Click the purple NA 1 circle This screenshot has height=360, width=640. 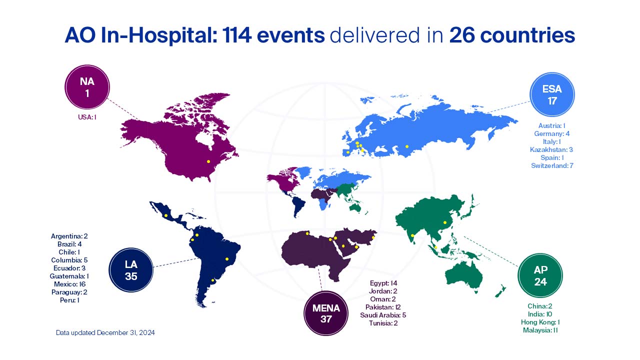coord(87,86)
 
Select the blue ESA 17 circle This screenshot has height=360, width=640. coord(552,95)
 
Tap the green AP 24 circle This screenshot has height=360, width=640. coord(540,275)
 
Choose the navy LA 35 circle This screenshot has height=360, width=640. coord(131,270)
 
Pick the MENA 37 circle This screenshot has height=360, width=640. coord(326,313)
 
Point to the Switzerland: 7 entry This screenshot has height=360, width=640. coord(552,165)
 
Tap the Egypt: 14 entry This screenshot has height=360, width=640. coord(383,283)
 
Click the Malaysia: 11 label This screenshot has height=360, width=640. coord(540,330)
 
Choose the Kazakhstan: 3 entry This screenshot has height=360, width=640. coord(551,149)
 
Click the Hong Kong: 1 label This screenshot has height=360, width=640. coord(540,322)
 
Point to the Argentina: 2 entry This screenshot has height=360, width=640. coord(69,235)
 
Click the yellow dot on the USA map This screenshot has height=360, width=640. coord(208,161)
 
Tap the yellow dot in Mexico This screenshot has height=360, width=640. coord(165,215)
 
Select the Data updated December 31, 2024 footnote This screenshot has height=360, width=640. coord(105,332)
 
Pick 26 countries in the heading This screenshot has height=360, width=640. coord(512,35)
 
